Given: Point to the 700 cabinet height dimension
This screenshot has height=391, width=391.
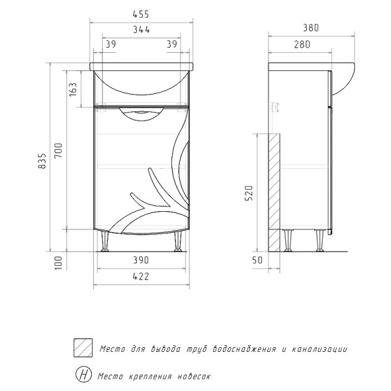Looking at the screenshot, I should coord(58,151).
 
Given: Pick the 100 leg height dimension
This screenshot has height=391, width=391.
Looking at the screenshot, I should coord(58,261).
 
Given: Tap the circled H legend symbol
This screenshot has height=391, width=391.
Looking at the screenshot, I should coord(84,375).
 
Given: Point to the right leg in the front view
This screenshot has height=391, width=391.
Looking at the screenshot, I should coord(177,242).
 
